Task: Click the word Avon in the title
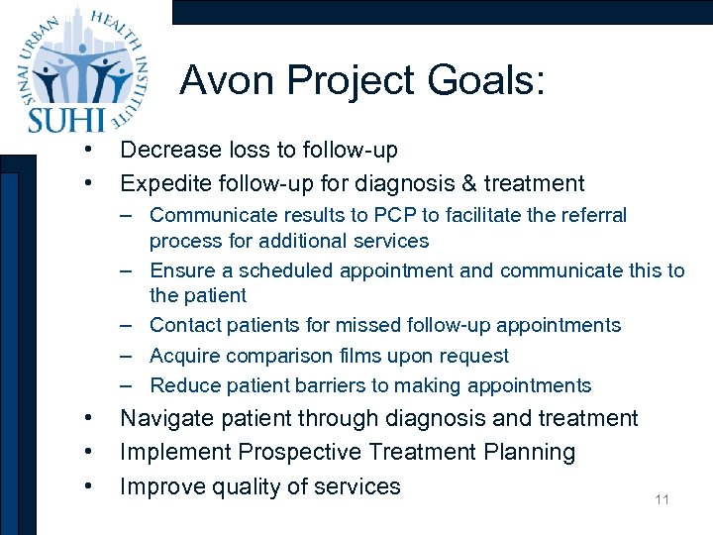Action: tap(224, 80)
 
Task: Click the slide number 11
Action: tap(662, 499)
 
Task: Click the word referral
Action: tap(592, 215)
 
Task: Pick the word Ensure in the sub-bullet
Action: tap(179, 270)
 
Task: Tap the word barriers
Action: tap(331, 385)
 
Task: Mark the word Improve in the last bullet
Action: tap(160, 486)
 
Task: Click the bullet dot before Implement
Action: tap(89, 452)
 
